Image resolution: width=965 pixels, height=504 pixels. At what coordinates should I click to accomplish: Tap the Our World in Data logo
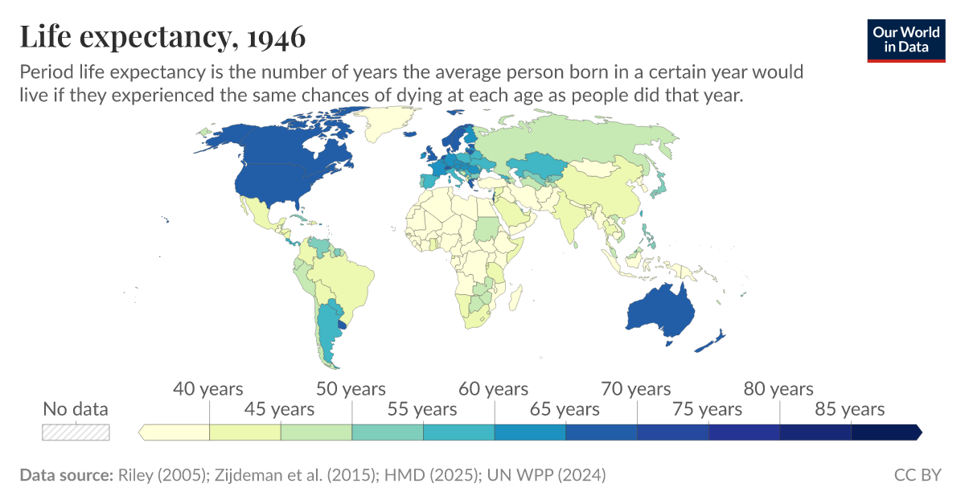[x=906, y=39]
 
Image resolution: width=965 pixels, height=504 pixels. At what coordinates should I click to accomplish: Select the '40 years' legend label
[x=208, y=390]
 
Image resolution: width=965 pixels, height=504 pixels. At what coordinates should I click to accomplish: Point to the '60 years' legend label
[x=494, y=390]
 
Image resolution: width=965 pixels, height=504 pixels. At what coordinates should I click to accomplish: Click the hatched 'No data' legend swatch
[x=76, y=432]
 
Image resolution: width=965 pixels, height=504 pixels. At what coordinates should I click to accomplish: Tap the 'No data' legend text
[x=76, y=409]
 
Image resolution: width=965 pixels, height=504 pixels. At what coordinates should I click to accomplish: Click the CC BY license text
[x=917, y=475]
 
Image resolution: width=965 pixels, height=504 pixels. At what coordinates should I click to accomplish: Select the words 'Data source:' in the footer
[x=66, y=475]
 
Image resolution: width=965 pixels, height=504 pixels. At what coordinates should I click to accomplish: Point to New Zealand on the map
[x=711, y=341]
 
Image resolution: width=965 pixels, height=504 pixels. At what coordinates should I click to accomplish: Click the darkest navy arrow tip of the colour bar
[x=918, y=432]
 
